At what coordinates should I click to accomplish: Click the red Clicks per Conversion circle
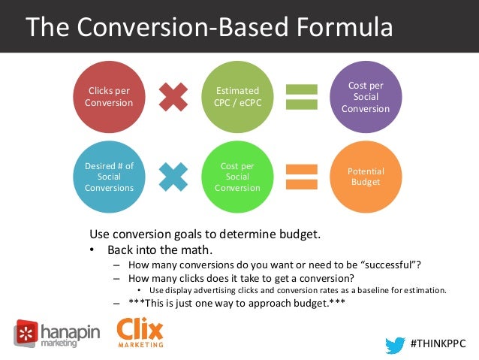[108, 97]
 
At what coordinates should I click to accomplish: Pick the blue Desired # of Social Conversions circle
[108, 177]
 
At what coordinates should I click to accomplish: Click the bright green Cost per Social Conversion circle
[236, 177]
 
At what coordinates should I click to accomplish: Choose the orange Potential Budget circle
[366, 177]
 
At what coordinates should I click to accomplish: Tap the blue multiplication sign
[173, 177]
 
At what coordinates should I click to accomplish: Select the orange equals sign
[301, 177]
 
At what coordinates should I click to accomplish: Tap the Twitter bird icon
[395, 343]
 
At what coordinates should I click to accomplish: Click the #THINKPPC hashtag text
[438, 343]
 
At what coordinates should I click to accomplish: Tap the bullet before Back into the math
[92, 249]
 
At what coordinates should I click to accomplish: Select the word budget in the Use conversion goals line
[302, 234]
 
